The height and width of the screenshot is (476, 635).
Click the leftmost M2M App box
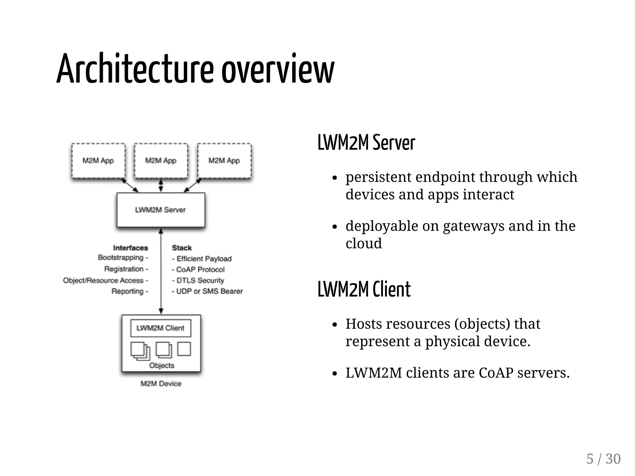(x=98, y=161)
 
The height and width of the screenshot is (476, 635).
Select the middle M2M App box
(x=161, y=161)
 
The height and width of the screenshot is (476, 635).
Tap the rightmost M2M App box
(x=224, y=161)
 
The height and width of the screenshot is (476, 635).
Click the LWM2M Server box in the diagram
(x=161, y=210)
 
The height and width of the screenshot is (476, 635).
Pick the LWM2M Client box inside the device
(x=161, y=328)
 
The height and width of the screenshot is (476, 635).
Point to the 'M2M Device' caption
(x=161, y=384)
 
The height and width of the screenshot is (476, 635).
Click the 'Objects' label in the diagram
(x=162, y=365)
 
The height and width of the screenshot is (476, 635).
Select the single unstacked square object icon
(x=184, y=349)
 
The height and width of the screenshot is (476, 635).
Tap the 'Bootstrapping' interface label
(x=121, y=258)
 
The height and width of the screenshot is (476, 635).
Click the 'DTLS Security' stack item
(x=200, y=280)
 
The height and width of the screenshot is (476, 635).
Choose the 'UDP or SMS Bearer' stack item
(x=209, y=291)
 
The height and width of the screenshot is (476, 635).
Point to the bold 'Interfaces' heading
(x=131, y=248)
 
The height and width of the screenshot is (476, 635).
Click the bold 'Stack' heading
(x=182, y=248)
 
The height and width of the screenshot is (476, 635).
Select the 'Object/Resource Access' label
(x=104, y=281)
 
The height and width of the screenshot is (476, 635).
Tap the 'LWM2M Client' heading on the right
(x=364, y=289)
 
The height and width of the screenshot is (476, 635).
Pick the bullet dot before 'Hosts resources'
(x=334, y=325)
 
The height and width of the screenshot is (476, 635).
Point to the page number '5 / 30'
(x=603, y=459)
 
